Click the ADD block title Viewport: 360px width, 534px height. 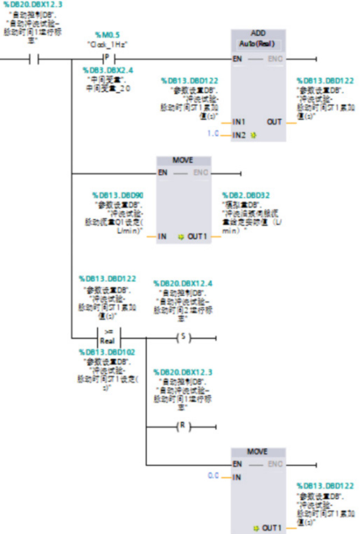pyautogui.click(x=258, y=33)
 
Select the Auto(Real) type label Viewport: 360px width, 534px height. pyautogui.click(x=258, y=44)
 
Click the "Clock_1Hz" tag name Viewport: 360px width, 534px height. pyautogui.click(x=107, y=44)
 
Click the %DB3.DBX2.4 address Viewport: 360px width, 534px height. pyautogui.click(x=108, y=70)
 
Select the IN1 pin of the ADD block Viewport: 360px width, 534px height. pyautogui.click(x=239, y=122)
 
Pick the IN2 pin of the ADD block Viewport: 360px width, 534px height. pyautogui.click(x=239, y=133)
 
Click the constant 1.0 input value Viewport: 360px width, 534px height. pyautogui.click(x=213, y=133)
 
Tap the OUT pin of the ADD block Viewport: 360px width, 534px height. pyautogui.click(x=274, y=122)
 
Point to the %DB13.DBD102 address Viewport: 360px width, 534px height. pyautogui.click(x=108, y=352)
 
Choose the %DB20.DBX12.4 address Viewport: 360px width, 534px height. pyautogui.click(x=182, y=284)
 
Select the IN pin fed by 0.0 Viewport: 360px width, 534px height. pyautogui.click(x=237, y=477)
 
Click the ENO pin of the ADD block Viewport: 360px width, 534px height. pyautogui.click(x=275, y=59)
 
